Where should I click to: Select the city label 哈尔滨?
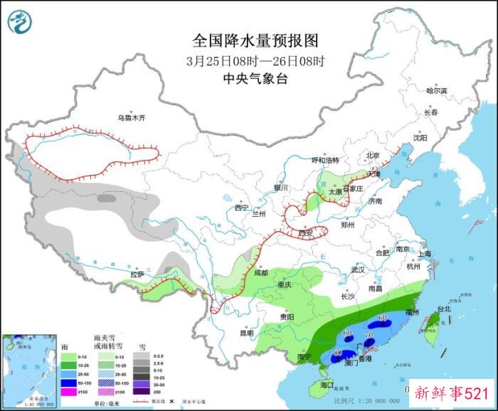(436, 91)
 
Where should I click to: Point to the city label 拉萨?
(137, 274)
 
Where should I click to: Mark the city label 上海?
(425, 254)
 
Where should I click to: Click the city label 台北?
(443, 309)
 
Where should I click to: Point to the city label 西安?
(306, 233)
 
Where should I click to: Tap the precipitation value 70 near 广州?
(369, 334)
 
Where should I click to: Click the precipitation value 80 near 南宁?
(339, 353)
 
